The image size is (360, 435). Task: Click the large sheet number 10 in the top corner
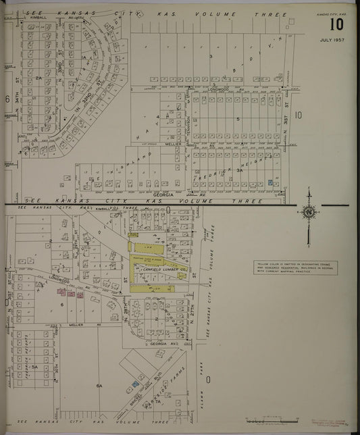click(336, 26)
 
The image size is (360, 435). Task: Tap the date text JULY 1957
click(332, 41)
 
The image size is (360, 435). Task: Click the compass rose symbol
click(309, 212)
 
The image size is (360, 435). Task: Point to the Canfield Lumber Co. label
click(161, 275)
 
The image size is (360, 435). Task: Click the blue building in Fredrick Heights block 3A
click(271, 182)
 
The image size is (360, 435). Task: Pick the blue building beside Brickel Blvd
click(136, 384)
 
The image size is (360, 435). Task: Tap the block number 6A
click(99, 385)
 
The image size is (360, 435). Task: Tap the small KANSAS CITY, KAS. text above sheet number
click(334, 13)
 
